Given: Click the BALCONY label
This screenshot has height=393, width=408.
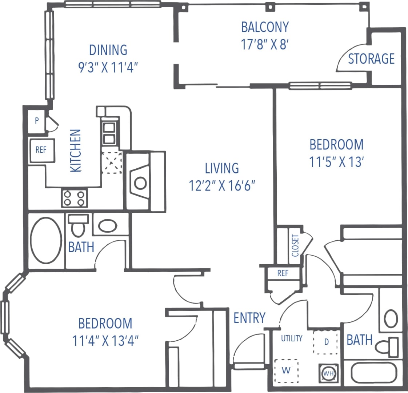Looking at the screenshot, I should point(265,27).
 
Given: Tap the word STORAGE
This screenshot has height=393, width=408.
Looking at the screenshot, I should point(371,59).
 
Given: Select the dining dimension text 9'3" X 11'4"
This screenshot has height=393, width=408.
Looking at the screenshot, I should point(109,67).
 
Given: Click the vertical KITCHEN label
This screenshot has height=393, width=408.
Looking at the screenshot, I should point(76,151).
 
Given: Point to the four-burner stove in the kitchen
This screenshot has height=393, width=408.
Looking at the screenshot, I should point(74,198).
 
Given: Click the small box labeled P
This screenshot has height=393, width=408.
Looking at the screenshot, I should point(37,121).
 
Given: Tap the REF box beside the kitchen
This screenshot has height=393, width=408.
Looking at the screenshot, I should point(41,150).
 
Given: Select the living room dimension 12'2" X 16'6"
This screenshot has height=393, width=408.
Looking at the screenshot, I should point(221,186).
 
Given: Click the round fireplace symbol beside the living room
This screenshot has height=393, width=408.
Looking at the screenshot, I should point(140,183).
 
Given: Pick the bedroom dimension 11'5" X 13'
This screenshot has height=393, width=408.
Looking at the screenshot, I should point(336,162).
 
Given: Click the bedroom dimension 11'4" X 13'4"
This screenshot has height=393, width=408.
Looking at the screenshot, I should point(106,341).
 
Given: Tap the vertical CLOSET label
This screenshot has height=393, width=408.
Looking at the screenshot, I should point(295,245).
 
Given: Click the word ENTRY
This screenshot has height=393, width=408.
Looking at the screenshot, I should point(249,318).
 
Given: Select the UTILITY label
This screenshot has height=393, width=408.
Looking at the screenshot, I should point(292,338).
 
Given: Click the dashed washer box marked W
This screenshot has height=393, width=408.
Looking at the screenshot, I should point(286,370).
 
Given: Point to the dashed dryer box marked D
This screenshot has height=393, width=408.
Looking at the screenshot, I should point(326,342).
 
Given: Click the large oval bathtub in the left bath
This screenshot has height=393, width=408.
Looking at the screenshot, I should point(46,240).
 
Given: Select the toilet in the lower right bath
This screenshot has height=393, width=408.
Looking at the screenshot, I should point(387,347).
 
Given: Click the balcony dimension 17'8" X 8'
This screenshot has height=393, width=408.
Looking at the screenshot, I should point(265,44).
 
